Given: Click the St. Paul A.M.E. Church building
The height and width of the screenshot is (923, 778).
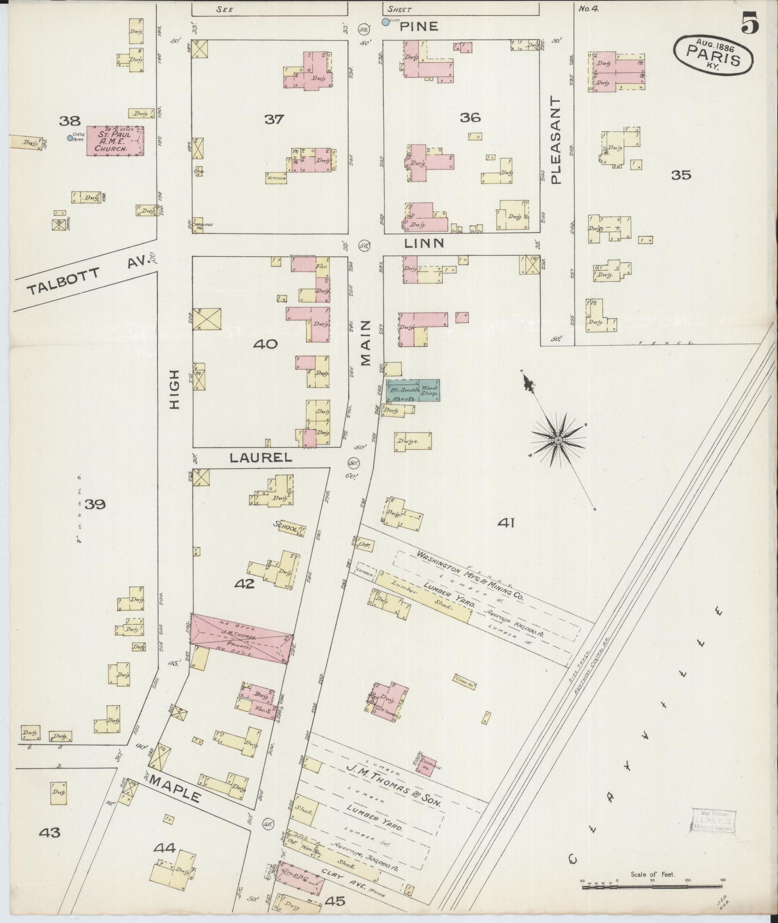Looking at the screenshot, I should click(x=115, y=141).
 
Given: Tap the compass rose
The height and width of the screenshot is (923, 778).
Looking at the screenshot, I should click(x=558, y=440).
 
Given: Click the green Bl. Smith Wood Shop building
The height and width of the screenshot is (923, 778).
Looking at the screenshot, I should click(x=412, y=391).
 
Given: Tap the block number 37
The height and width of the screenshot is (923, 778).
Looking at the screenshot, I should click(x=274, y=119).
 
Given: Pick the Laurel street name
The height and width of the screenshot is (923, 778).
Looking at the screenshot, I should click(x=260, y=458).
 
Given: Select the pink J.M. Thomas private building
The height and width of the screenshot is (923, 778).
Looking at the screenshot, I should click(x=241, y=637).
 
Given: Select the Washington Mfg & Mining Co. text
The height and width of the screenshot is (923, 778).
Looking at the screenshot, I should click(x=470, y=575).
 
